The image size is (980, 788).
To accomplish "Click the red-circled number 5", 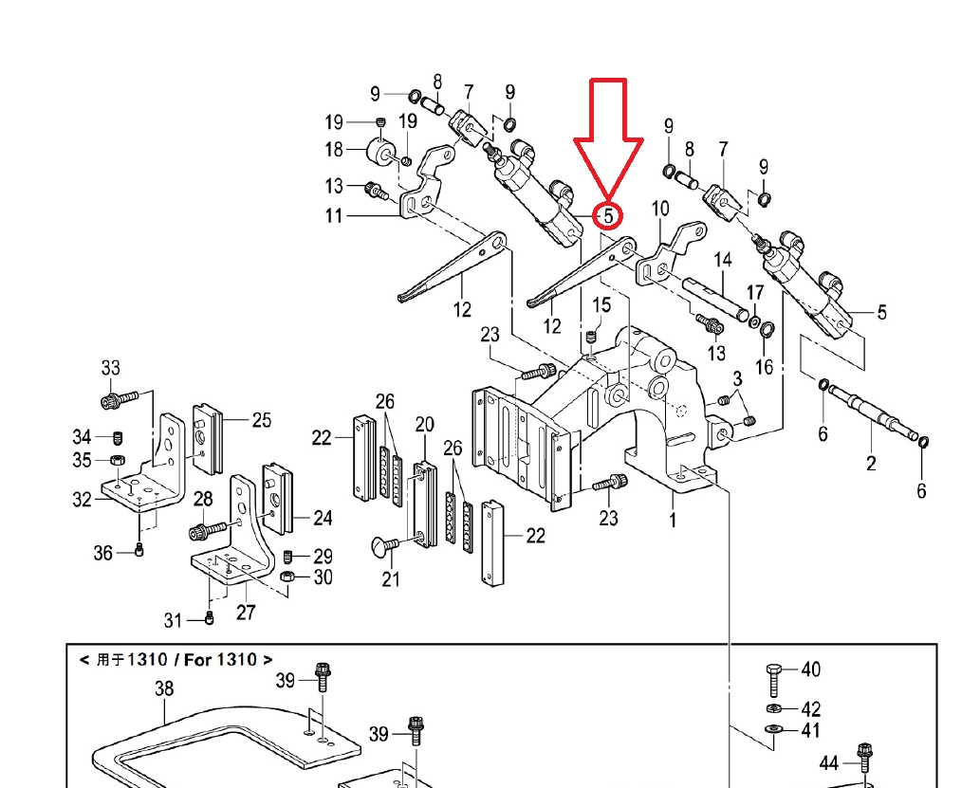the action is click(608, 215).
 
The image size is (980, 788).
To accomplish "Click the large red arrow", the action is click(609, 137).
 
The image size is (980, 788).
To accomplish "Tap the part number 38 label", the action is click(164, 688).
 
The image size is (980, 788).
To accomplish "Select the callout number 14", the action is click(723, 260).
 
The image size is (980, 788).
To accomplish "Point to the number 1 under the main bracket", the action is click(673, 520).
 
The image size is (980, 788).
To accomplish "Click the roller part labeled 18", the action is click(380, 151).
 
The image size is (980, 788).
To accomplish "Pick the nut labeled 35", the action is click(117, 460).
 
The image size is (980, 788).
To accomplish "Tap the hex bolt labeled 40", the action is click(774, 680).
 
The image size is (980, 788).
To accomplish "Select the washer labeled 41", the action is click(774, 728).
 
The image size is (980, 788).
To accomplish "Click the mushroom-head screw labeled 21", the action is click(385, 545).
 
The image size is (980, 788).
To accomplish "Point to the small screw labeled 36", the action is click(139, 550).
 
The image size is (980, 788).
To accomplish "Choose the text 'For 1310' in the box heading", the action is click(220, 660).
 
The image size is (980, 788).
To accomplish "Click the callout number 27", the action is click(246, 612).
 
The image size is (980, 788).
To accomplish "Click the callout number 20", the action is click(424, 425).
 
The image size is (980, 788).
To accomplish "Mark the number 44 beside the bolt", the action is click(829, 763).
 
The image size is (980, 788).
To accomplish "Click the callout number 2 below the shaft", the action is click(871, 464).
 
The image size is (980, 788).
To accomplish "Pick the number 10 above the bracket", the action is click(660, 209).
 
